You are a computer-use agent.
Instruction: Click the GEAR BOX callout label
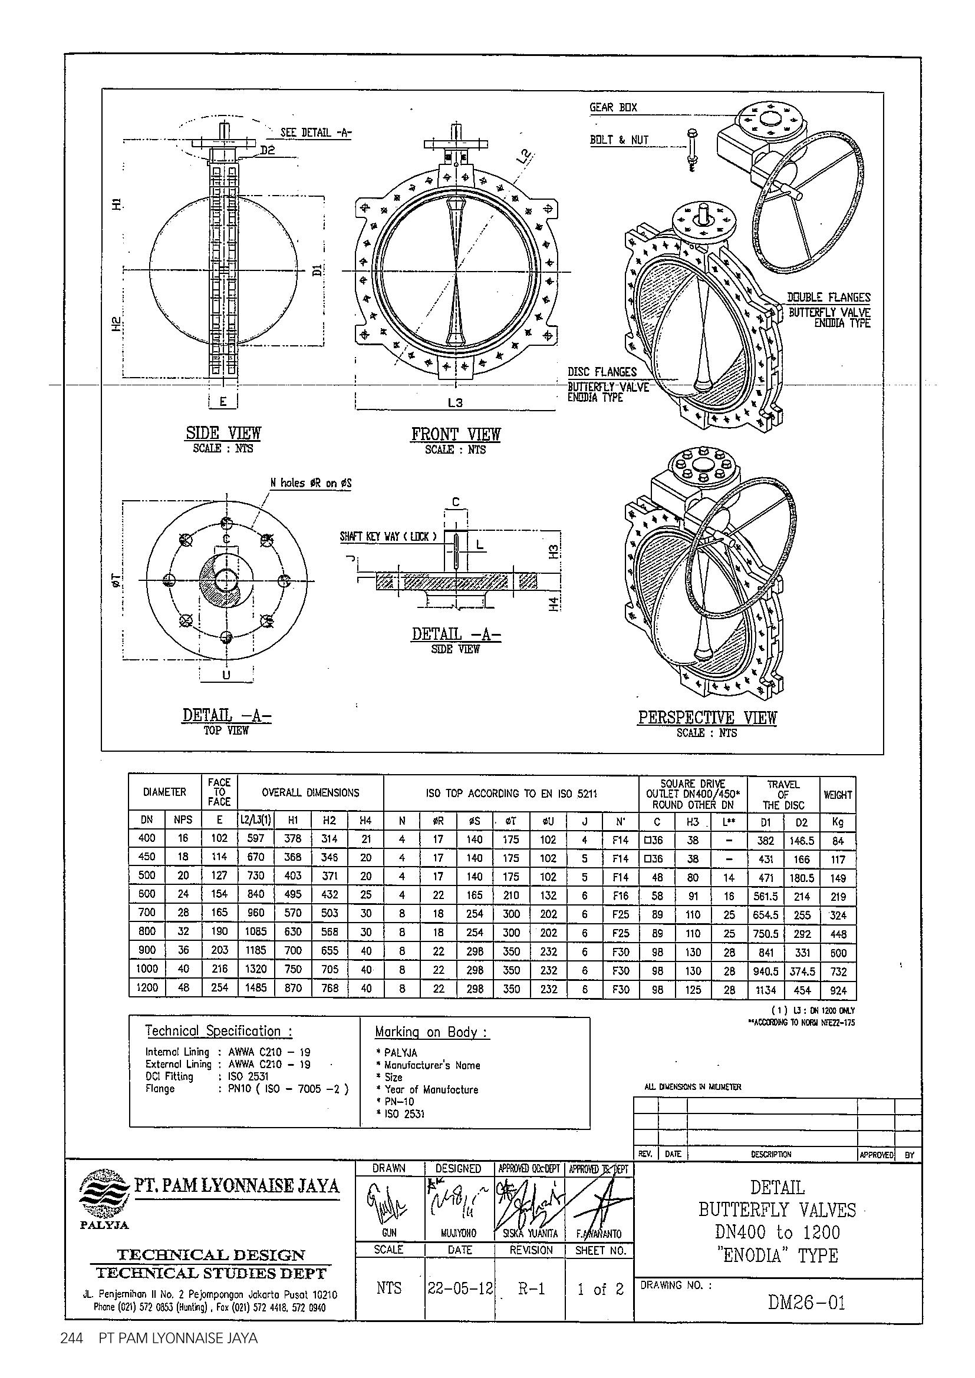[x=613, y=108]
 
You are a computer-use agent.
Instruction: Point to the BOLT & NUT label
[x=619, y=140]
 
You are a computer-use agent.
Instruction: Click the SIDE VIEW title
[x=223, y=434]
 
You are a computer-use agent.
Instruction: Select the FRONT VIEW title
[x=455, y=435]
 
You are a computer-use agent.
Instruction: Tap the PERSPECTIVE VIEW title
[x=707, y=718]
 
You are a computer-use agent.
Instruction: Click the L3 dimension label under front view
[x=455, y=404]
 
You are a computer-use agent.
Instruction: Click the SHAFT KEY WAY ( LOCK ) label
[x=388, y=537]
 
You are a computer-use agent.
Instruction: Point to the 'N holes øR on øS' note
[x=311, y=483]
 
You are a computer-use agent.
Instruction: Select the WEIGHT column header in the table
[x=838, y=795]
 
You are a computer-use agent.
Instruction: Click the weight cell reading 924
[x=838, y=990]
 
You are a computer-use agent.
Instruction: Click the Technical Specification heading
[x=219, y=1032]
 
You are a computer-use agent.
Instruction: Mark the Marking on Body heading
[x=431, y=1032]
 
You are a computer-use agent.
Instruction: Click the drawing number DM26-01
[x=806, y=1303]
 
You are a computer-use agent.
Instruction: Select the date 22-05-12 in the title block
[x=459, y=1288]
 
